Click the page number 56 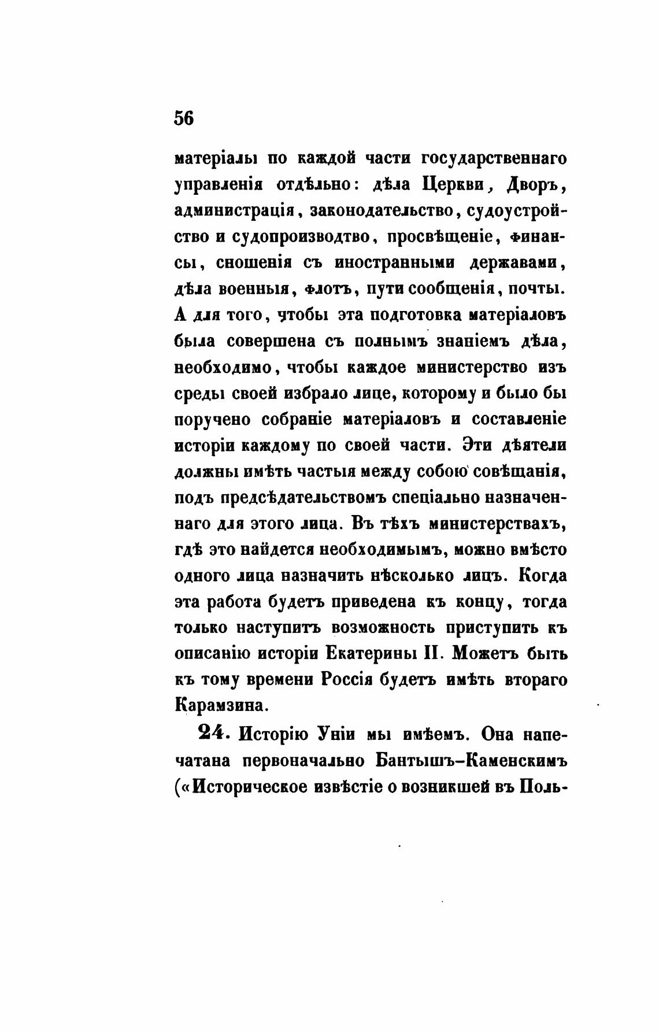184,118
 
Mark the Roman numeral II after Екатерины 434,654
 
